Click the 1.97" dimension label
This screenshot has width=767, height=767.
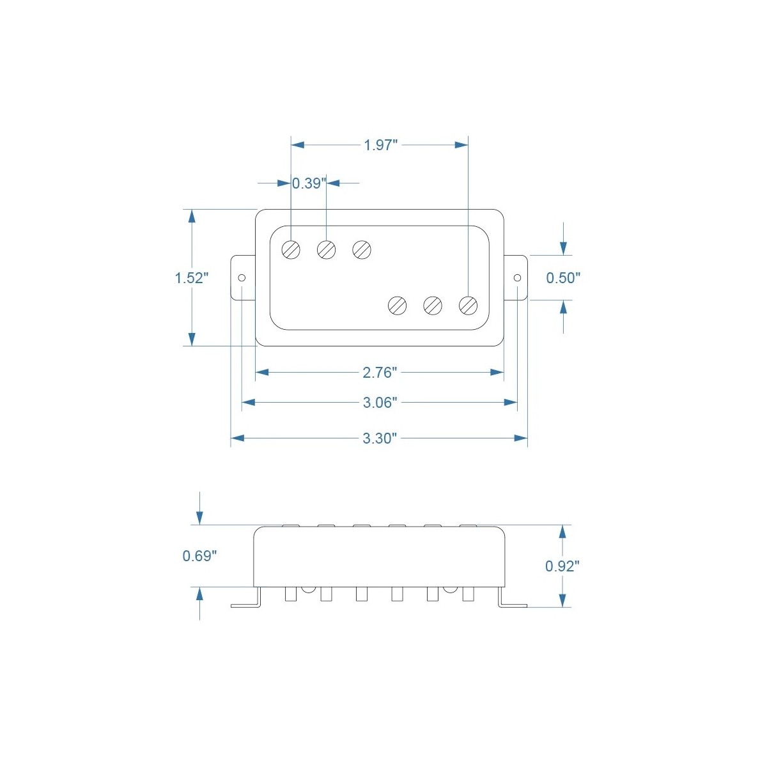pos(381,145)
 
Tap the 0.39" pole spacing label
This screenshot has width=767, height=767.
pos(309,183)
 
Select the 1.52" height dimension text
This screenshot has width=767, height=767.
pos(192,278)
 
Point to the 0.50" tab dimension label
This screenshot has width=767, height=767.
pos(563,278)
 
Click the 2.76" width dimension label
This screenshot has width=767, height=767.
pos(380,372)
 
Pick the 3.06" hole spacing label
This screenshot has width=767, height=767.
pos(380,403)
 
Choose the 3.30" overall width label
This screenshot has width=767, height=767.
pos(380,438)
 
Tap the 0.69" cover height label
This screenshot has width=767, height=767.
pos(199,556)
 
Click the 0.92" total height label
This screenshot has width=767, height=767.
pos(562,566)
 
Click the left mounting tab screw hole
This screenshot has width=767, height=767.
pos(242,278)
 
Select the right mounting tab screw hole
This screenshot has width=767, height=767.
pos(517,278)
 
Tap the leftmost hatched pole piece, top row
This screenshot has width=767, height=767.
pos(291,249)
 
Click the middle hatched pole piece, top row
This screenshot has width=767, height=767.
pos(327,249)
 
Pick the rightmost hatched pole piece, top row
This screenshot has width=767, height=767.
pos(362,249)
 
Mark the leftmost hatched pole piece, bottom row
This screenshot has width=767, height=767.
pos(398,306)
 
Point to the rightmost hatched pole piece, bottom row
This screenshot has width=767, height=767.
pos(469,306)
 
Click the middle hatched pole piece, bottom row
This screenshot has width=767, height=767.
pos(433,306)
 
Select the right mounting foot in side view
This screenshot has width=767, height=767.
pos(513,603)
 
